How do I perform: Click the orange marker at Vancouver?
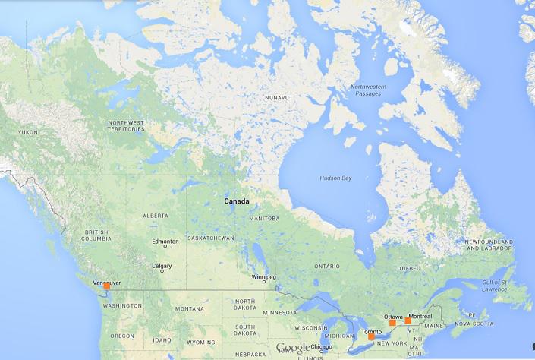[107, 286]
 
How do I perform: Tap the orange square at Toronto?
[372, 337]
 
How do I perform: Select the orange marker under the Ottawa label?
[392, 323]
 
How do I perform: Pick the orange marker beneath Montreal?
[408, 321]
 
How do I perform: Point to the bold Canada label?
[237, 201]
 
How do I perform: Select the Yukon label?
[27, 132]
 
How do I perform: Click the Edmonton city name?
[165, 242]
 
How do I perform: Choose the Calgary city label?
[162, 266]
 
